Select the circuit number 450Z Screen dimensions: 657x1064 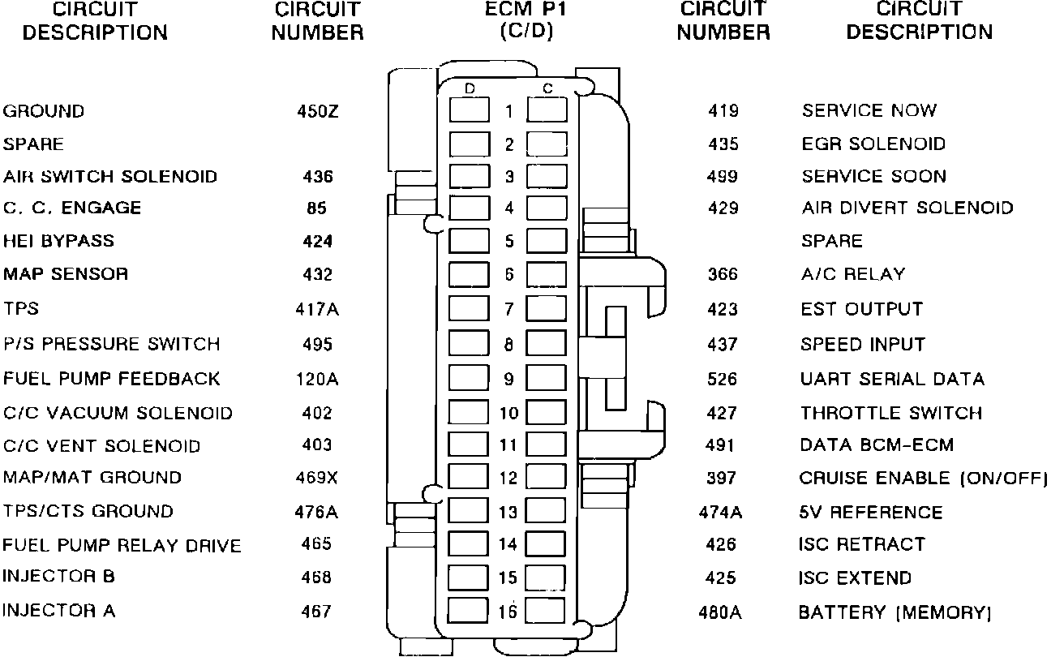316,111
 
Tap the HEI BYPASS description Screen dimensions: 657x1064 58,241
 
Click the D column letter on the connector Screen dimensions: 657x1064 470,88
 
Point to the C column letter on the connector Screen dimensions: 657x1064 547,88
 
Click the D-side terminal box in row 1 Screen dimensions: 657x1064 470,109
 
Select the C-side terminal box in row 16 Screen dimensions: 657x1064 547,610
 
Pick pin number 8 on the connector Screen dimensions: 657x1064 508,344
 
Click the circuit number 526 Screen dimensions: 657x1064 722,379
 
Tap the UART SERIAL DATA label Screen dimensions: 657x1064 892,379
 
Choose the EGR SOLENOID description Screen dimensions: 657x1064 873,144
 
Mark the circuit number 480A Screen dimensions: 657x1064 720,612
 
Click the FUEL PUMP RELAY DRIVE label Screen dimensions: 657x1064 122,545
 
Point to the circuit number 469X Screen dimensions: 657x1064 316,478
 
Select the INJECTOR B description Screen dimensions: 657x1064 58,577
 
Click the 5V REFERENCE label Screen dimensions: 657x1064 871,513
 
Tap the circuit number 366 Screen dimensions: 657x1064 722,274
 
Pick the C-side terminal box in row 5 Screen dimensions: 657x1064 547,241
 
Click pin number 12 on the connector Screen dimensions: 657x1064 508,479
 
